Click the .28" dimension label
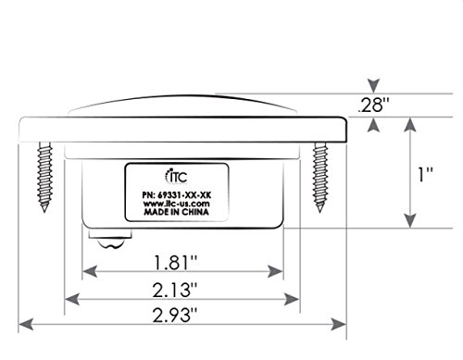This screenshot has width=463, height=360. click(373, 106)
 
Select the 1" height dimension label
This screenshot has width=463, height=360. click(425, 174)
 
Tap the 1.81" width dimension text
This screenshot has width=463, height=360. click(175, 263)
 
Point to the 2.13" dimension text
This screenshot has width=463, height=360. click(175, 290)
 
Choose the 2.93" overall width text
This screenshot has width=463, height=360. click(175, 315)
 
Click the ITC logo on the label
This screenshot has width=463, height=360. click(176, 177)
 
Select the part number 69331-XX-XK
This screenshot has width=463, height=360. click(184, 195)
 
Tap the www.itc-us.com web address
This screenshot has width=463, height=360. click(176, 204)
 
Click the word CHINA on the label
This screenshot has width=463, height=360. click(195, 212)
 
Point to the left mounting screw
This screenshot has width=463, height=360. click(44, 177)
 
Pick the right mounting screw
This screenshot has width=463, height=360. click(320, 177)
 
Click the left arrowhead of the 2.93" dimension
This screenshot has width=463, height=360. click(26, 325)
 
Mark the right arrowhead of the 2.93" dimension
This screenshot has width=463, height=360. click(339, 325)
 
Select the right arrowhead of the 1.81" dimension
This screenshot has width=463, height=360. click(275, 271)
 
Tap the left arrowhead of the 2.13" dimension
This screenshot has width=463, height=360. click(72, 299)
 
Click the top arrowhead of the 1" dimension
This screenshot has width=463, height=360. click(410, 125)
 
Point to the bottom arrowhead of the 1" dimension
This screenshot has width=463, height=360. click(410, 221)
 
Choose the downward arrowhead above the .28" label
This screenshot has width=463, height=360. click(374, 86)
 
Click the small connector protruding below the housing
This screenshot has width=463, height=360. click(110, 239)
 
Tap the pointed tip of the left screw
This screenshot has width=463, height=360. click(44, 212)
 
